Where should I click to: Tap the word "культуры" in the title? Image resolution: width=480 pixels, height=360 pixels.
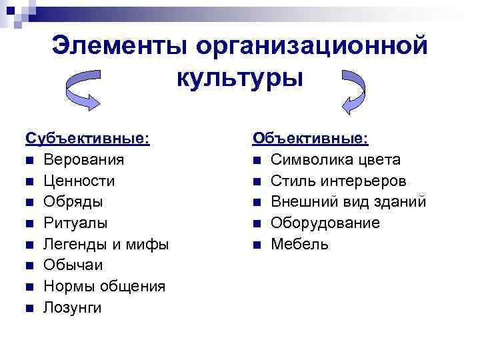[x=240, y=77]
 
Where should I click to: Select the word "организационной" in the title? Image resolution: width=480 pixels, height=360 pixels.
[x=311, y=46]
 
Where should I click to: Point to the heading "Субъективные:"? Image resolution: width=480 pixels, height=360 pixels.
[x=87, y=139]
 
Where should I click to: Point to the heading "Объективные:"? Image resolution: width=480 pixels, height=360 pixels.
[x=309, y=139]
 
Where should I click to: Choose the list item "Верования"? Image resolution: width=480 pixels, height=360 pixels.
[x=83, y=160]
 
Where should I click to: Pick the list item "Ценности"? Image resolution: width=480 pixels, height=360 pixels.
[x=79, y=181]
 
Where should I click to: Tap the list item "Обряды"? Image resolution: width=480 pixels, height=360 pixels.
[x=73, y=201]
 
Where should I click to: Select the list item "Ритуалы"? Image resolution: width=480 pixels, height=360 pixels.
[x=75, y=223]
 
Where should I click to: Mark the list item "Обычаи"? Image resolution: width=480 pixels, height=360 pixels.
[x=73, y=265]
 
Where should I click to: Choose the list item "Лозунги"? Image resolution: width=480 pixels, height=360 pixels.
[x=73, y=307]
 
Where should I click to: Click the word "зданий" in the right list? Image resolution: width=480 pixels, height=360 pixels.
[x=403, y=201]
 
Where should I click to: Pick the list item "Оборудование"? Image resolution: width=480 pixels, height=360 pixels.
[x=325, y=223]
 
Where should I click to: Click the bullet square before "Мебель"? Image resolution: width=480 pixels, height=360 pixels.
[x=257, y=245]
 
